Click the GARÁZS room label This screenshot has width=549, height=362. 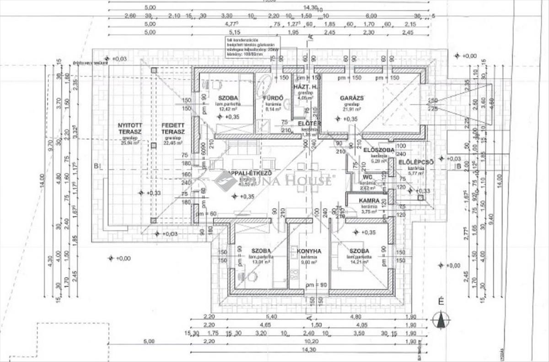pos(351,98)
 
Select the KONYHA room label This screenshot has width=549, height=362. pos(309,251)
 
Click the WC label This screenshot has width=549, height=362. pos(366,177)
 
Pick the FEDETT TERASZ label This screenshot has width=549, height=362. pos(172,128)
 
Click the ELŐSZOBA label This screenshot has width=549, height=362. pos(379,150)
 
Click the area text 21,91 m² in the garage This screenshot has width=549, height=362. pos(352,110)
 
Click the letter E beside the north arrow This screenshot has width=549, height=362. pos(441,301)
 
